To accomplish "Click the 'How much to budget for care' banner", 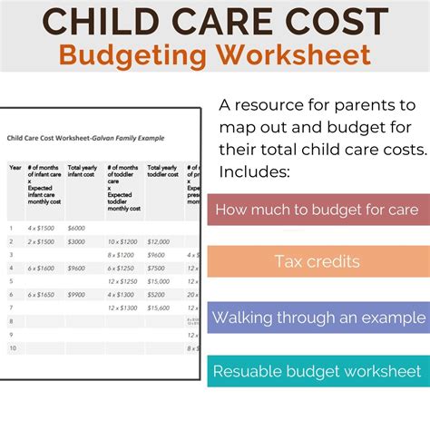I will click(x=318, y=210).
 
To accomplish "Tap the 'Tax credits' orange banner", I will click(x=318, y=262).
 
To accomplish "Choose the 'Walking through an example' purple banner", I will click(x=318, y=318).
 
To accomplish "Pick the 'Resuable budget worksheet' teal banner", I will click(x=318, y=371).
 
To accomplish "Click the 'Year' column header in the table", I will click(x=15, y=168).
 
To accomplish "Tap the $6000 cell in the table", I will click(x=76, y=228).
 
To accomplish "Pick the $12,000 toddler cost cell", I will click(x=159, y=241).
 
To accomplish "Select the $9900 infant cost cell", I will click(x=76, y=295).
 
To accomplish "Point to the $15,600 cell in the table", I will click(x=158, y=308).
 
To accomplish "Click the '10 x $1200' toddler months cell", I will click(x=123, y=241).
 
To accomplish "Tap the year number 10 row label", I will click(x=14, y=349).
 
